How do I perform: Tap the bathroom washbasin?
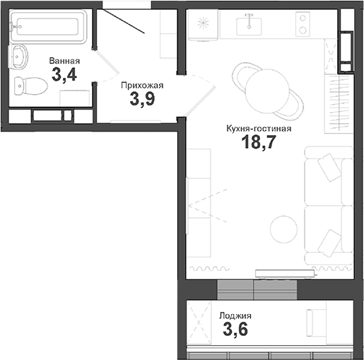point(20,57)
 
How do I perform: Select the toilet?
point(30,87)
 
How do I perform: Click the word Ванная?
point(64,61)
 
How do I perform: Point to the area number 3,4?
point(64,74)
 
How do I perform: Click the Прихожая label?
point(141,86)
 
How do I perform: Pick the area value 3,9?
point(141,100)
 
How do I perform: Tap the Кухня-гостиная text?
point(259,128)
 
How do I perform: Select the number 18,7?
point(259,143)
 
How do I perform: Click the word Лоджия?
point(235,316)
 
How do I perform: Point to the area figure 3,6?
point(235,330)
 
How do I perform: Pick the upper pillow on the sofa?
point(329,168)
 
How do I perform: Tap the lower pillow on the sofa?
point(329,243)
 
